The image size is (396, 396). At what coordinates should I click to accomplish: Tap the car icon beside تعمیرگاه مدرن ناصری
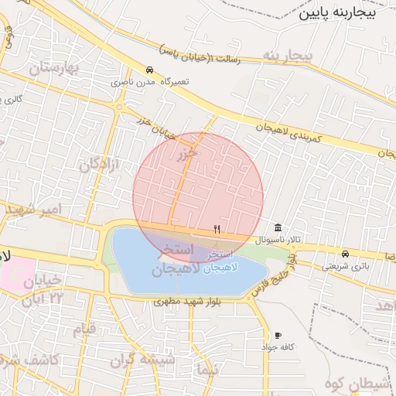click(149, 69)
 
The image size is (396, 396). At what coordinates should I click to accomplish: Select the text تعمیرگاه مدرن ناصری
click(131, 81)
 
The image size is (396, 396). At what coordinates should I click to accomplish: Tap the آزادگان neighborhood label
click(99, 164)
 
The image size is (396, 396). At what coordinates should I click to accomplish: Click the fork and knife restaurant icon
click(217, 229)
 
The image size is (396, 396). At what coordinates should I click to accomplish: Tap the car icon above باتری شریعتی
click(344, 253)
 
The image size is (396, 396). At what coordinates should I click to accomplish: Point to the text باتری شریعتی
click(341, 265)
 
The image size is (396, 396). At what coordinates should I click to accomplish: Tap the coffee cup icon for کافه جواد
click(278, 335)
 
